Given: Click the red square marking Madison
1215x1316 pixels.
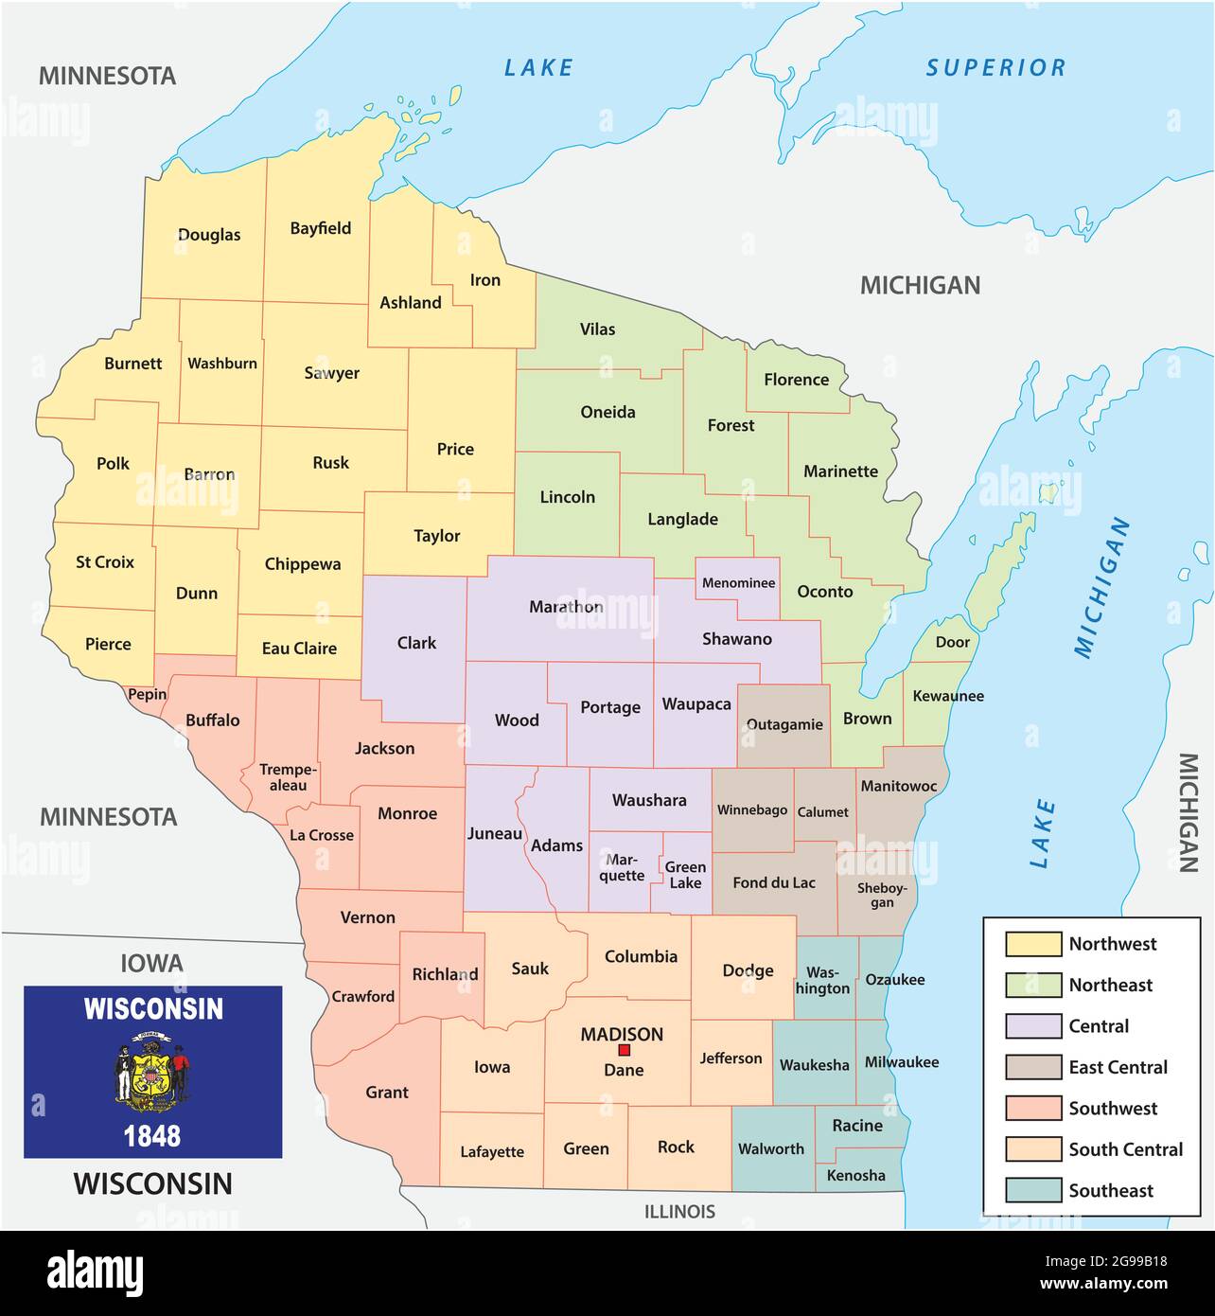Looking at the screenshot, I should coord(624,1051).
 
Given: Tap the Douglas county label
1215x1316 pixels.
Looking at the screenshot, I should coord(209,235).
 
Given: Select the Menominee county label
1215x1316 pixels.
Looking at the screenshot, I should coord(738,583).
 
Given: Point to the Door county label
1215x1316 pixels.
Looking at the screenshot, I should coord(952,642).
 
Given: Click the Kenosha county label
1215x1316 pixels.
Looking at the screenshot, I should coord(855,1175).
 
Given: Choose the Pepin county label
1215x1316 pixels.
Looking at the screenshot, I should coord(147,694).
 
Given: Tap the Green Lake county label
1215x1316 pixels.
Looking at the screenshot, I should coord(685,875).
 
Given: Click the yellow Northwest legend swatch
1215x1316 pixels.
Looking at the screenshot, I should coord(1032,944).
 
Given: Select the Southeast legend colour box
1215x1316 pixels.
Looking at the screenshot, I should coord(1032,1190).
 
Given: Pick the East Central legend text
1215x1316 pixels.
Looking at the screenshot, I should coord(1118,1067).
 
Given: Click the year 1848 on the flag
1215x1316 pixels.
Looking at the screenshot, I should coord(152,1135).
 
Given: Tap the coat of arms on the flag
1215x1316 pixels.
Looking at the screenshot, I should coord(152,1072).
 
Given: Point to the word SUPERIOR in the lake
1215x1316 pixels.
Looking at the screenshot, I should coord(995,68).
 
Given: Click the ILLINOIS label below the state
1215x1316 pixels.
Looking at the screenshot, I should coord(679,1211).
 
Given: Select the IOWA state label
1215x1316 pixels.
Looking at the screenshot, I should coord(151,964).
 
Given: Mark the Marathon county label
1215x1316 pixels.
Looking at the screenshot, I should coord(566,607).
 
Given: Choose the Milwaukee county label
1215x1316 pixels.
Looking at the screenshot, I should coord(901,1062).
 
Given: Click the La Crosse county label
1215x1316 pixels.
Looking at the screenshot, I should coord(322,835).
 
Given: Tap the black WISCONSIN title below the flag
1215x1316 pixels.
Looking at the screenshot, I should coord(152,1183).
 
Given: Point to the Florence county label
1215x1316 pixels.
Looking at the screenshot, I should coord(796,380).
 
